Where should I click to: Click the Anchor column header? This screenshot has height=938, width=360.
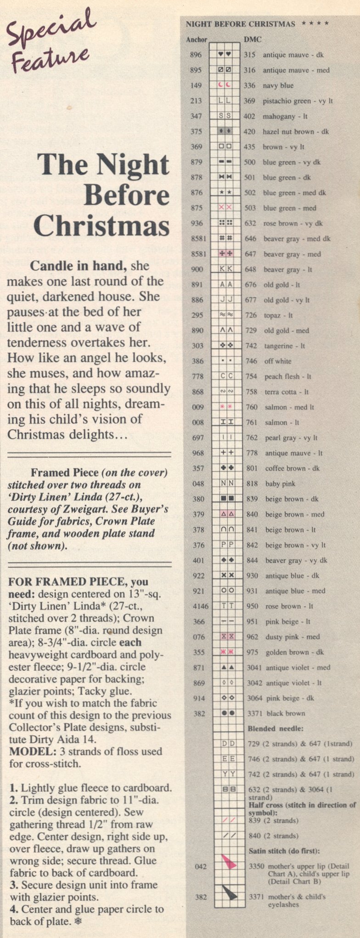(x=197, y=39)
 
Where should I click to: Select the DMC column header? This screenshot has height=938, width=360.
(x=253, y=39)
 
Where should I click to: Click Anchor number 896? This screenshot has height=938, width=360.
(x=196, y=55)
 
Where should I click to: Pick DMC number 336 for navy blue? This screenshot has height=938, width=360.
(x=249, y=86)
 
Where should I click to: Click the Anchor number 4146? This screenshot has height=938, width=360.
(x=200, y=606)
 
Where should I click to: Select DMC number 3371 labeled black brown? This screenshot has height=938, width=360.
(x=254, y=713)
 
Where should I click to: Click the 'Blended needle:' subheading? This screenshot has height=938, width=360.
(x=276, y=729)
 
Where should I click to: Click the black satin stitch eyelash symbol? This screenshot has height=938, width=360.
(x=229, y=892)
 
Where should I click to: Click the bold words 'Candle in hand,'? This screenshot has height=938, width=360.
(x=79, y=266)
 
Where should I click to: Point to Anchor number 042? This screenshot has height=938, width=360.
(x=201, y=866)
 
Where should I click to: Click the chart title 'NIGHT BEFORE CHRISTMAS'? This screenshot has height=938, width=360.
(x=240, y=24)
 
